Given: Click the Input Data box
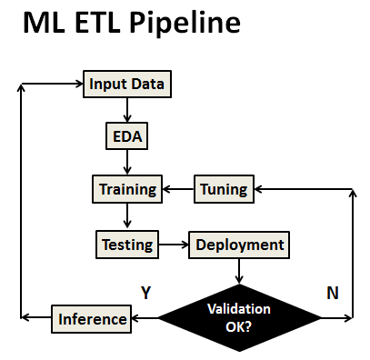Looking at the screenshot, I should [x=126, y=85].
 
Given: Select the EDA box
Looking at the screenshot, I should [x=126, y=137].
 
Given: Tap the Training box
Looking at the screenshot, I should [x=126, y=190].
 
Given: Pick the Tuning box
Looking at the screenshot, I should [x=223, y=190].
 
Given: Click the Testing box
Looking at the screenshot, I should [x=126, y=244].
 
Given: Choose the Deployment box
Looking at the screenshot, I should [x=239, y=244].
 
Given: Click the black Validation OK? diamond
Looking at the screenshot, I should [x=239, y=317].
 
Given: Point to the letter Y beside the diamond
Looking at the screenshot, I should [x=145, y=292].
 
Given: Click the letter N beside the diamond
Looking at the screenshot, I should [x=333, y=292].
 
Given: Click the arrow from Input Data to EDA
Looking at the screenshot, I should [x=126, y=110].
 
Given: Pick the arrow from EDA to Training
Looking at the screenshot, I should [x=126, y=164].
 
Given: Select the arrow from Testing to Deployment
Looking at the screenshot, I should [x=173, y=244].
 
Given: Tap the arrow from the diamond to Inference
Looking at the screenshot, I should [x=145, y=318].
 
